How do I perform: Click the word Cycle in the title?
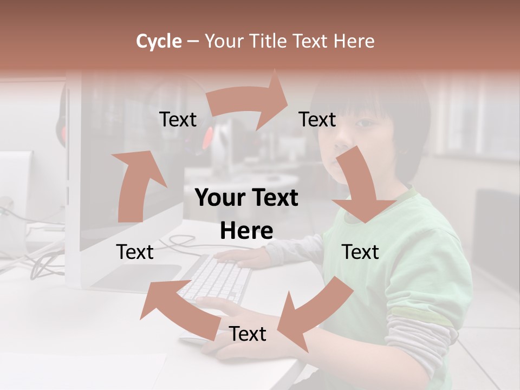(x=158, y=41)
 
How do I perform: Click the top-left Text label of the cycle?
(x=178, y=120)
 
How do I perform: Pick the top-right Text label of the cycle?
(x=317, y=120)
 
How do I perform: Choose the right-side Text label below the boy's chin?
(x=360, y=252)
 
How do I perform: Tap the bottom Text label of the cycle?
(x=248, y=334)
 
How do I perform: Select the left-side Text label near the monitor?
(x=135, y=252)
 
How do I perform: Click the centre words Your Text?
(x=246, y=198)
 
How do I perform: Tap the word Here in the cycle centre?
(x=246, y=231)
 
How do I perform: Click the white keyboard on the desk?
(x=217, y=279)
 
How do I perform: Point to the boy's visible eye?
(x=366, y=123)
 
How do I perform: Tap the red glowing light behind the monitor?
(x=207, y=138)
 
